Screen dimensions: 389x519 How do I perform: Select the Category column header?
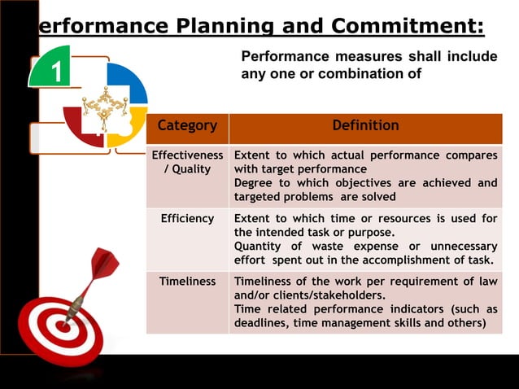pos(187,126)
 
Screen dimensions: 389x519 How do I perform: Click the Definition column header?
pos(365,126)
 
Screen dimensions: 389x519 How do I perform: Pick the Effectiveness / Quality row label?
pos(187,162)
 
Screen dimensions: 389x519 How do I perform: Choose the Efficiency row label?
pos(187,219)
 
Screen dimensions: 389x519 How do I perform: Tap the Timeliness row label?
pos(187,281)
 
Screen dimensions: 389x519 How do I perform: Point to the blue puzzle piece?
pos(129,82)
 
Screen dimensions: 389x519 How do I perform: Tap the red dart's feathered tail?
pos(104,264)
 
